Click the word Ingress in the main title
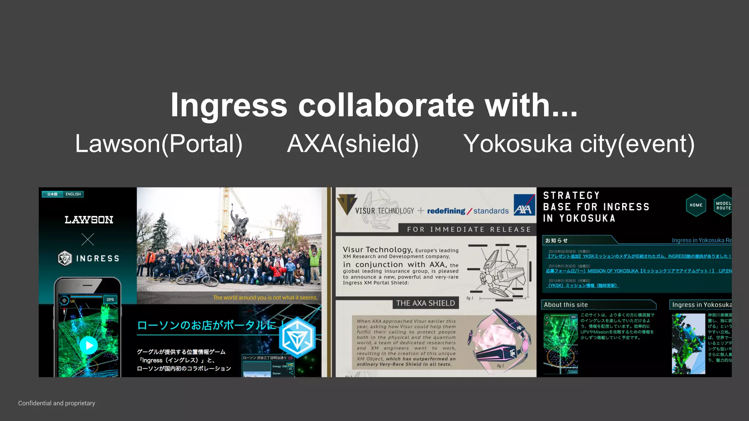[229, 106]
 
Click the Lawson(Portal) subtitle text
[159, 144]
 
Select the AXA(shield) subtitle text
[353, 144]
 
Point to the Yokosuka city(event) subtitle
[579, 144]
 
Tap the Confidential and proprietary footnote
[57, 403]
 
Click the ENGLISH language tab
[73, 194]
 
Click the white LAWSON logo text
[89, 220]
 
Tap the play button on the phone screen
[89, 345]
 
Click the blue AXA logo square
[524, 205]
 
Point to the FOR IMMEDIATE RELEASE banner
[469, 230]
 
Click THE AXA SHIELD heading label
[425, 303]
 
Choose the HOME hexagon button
[696, 205]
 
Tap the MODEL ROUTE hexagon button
[723, 206]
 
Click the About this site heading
[566, 305]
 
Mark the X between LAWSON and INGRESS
[88, 240]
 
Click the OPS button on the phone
[110, 300]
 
